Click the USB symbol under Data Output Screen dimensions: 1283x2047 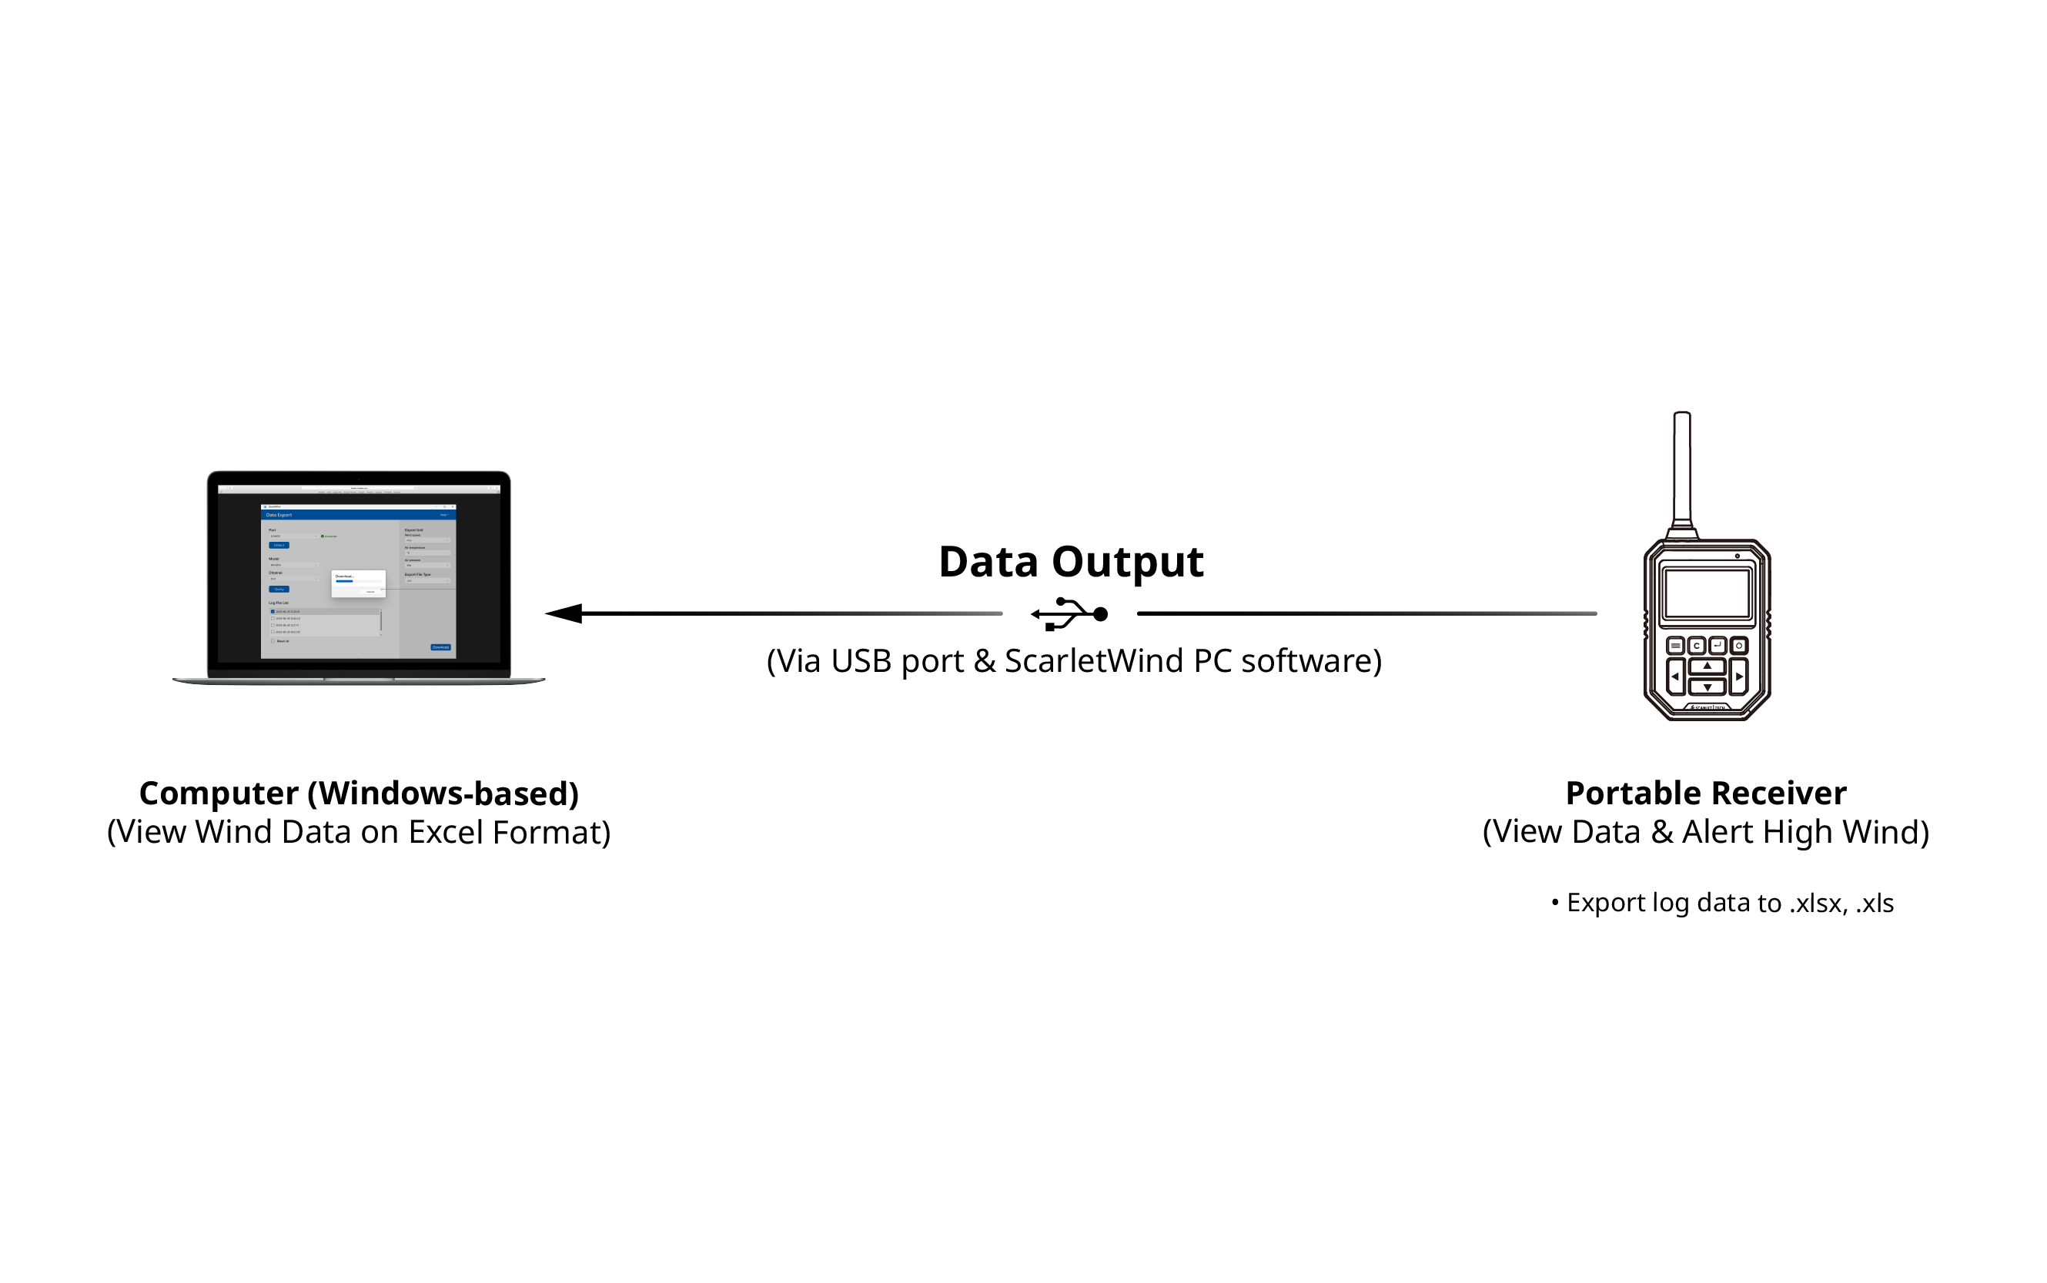click(1069, 613)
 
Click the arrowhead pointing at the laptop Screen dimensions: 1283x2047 click(564, 613)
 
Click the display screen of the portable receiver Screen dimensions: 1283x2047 click(1707, 593)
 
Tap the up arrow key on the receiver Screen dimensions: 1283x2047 click(1707, 666)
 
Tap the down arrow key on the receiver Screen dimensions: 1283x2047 click(1707, 687)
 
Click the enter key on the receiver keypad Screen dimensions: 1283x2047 click(1717, 646)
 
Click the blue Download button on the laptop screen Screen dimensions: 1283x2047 click(440, 647)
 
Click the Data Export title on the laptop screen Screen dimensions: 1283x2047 click(279, 515)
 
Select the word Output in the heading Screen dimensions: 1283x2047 click(1127, 562)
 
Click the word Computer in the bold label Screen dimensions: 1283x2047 click(218, 794)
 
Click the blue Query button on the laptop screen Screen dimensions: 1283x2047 click(279, 589)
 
